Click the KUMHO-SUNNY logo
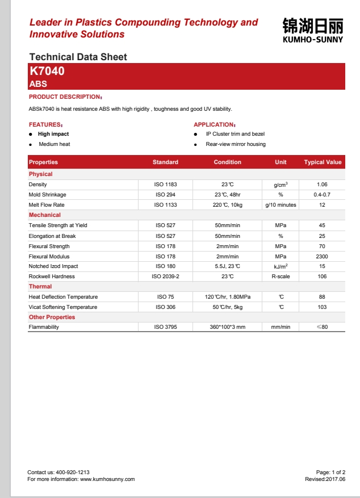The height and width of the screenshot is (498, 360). click(x=312, y=30)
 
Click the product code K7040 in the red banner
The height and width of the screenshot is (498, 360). click(x=47, y=72)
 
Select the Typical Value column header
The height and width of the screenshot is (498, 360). click(x=323, y=162)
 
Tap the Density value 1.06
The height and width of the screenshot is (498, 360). click(x=323, y=185)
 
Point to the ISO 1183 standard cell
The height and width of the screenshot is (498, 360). click(x=166, y=185)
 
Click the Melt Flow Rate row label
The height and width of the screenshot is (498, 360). click(x=47, y=205)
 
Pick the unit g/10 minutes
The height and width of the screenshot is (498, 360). click(x=281, y=205)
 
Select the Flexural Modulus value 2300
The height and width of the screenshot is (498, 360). click(x=323, y=257)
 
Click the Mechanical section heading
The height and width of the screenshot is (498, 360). click(x=45, y=215)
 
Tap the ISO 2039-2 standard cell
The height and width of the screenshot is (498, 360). click(x=165, y=277)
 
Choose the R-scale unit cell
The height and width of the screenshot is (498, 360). click(x=281, y=277)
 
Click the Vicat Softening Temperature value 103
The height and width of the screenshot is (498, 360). click(x=323, y=307)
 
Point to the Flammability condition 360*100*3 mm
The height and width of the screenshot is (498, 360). click(x=227, y=328)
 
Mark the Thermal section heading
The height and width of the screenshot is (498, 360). click(x=40, y=287)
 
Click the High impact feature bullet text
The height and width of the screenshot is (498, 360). click(x=53, y=134)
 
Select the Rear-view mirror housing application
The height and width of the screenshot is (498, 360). click(x=236, y=144)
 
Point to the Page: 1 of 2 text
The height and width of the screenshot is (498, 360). click(x=330, y=472)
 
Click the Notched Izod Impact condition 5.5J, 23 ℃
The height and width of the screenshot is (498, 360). click(x=227, y=266)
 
